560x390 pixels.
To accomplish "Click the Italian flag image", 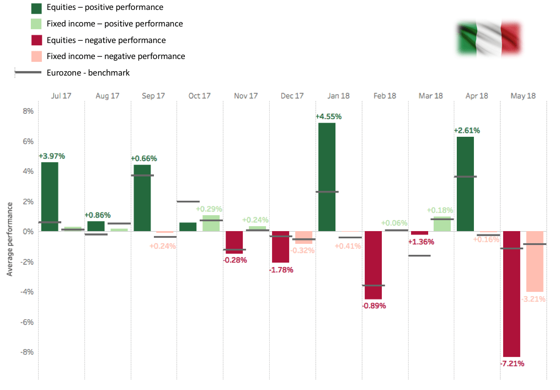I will [x=489, y=39].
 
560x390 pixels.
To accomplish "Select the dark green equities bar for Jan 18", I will [x=327, y=177].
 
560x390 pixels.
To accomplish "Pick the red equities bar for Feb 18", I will [x=373, y=265].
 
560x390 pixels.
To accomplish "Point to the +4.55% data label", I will [x=328, y=116].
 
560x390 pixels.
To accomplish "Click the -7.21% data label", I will [x=511, y=364].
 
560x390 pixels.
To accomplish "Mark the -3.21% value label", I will [x=533, y=299].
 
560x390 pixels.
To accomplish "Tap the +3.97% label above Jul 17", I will [x=51, y=156].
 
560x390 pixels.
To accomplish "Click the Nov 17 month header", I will [x=246, y=95].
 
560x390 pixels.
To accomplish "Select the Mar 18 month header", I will [x=431, y=95].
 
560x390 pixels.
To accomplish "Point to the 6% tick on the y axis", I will [x=27, y=141].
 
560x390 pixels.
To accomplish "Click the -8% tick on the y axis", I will [x=26, y=352].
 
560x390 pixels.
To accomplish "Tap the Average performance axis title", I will [x=9, y=238].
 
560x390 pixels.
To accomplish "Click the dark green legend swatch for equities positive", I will [x=37, y=8].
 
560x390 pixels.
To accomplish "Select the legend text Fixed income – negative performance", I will [x=116, y=56].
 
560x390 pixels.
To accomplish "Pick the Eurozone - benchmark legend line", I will [x=28, y=72].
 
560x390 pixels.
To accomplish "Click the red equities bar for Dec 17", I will [x=280, y=247].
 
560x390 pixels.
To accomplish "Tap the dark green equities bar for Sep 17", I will [x=142, y=197].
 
